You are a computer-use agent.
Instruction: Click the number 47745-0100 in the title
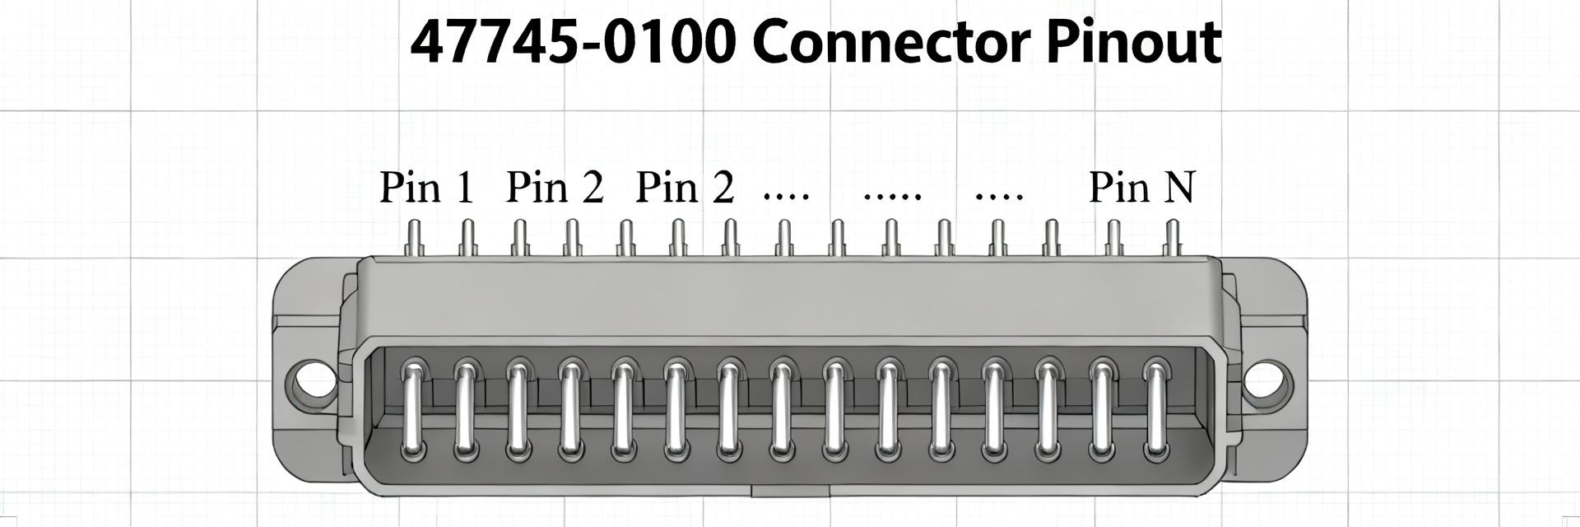coord(573,43)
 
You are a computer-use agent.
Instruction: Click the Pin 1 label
coord(427,187)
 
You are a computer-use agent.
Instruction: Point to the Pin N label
coord(1141,187)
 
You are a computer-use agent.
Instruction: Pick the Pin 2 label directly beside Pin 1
coord(555,187)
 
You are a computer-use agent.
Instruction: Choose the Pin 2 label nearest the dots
coord(685,187)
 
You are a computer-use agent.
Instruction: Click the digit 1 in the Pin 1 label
coord(465,188)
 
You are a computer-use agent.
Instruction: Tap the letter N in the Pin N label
coord(1179,188)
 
